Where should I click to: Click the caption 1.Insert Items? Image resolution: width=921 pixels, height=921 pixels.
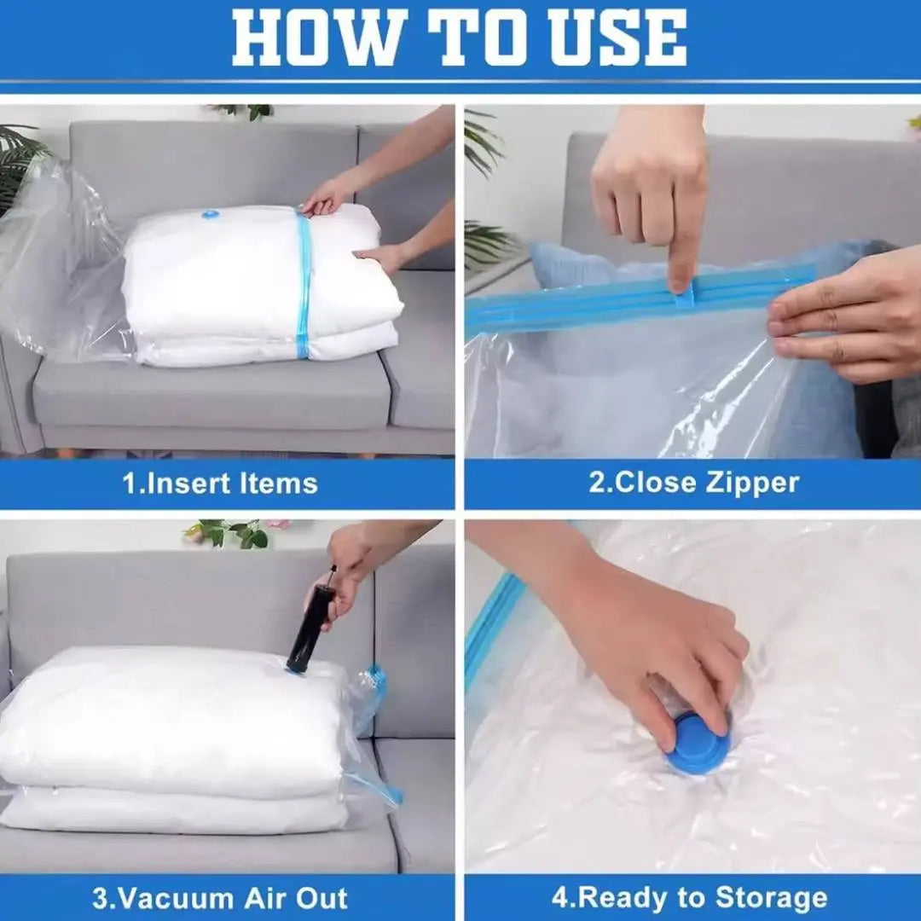pyautogui.click(x=220, y=484)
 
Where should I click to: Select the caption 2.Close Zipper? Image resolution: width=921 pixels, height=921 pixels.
pyautogui.click(x=693, y=483)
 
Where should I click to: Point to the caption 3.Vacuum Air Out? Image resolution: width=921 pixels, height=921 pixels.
pyautogui.click(x=220, y=898)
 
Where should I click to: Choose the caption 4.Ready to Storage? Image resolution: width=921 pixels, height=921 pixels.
pyautogui.click(x=689, y=898)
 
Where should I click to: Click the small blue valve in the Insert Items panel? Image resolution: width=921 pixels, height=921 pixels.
pyautogui.click(x=211, y=214)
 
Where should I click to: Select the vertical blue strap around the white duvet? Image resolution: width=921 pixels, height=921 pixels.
pyautogui.click(x=303, y=286)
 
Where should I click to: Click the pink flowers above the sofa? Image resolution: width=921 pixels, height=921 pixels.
pyautogui.click(x=278, y=524)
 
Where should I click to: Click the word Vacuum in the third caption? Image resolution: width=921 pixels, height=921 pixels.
pyautogui.click(x=161, y=898)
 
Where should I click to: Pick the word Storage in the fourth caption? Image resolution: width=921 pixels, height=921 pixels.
pyautogui.click(x=771, y=898)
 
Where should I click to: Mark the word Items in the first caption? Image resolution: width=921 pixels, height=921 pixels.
pyautogui.click(x=278, y=484)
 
